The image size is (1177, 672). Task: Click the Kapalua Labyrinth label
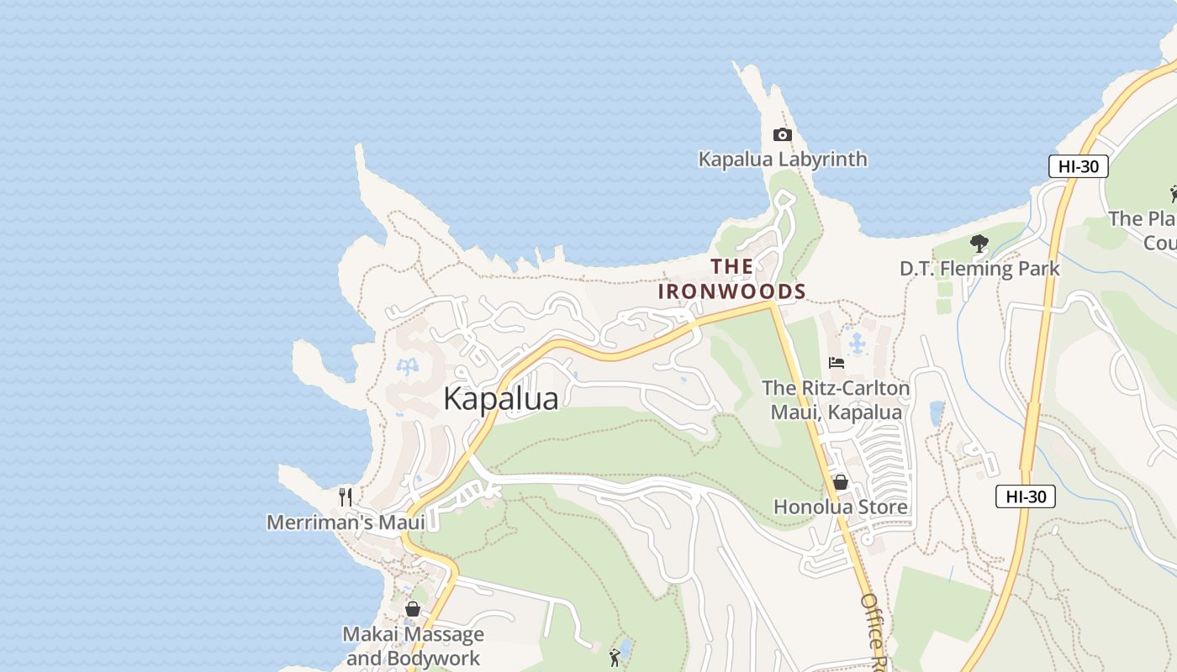(782, 159)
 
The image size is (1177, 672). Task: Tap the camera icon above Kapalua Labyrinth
(782, 134)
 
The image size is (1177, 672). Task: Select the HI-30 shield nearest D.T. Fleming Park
(1078, 166)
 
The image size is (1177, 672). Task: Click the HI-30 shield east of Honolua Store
(1025, 496)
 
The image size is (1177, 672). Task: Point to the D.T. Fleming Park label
(979, 269)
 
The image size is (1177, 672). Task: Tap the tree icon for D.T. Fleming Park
(979, 244)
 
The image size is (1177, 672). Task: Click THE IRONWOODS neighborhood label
(731, 280)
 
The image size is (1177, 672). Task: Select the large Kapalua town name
(500, 398)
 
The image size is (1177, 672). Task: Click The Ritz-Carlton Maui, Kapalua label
(836, 400)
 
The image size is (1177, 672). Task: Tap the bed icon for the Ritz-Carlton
(837, 363)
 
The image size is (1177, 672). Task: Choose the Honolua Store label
(840, 507)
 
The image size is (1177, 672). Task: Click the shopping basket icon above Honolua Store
(840, 482)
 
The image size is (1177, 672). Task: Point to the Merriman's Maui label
(346, 522)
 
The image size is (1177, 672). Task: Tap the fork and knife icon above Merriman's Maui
(345, 497)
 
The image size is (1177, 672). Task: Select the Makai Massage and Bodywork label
(414, 645)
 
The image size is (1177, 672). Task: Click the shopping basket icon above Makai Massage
(413, 609)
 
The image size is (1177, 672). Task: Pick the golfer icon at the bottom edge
(615, 657)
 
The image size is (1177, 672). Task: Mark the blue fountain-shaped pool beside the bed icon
(857, 344)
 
